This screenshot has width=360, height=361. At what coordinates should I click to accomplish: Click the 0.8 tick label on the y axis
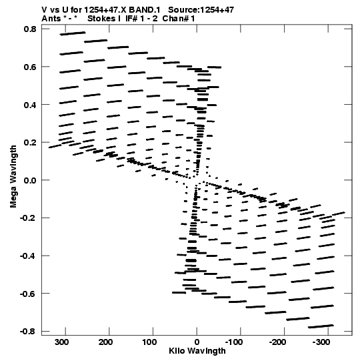coord(30,29)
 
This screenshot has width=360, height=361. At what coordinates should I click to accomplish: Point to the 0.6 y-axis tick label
coord(30,67)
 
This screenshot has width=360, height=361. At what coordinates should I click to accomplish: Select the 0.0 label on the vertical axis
coord(30,180)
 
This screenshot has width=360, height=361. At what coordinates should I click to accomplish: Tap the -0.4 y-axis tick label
coord(28,256)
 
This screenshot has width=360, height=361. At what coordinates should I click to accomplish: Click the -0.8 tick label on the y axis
coord(28,331)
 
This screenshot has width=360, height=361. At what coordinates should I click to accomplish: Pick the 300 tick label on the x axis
coord(61,342)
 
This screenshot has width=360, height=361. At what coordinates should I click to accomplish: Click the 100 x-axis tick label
coord(149,342)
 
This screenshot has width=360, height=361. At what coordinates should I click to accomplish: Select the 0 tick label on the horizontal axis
coord(197,342)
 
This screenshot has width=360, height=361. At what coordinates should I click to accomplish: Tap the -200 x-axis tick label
coord(277,342)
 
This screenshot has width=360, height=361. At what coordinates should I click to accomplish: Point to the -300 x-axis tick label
coord(321,342)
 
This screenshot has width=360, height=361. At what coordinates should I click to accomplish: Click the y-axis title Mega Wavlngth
coord(13,176)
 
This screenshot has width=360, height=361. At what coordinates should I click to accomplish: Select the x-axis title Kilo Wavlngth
coord(197,351)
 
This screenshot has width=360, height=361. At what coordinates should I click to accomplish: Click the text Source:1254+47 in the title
coord(201,10)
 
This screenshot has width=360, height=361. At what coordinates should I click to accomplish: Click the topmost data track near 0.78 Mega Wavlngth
coord(73,33)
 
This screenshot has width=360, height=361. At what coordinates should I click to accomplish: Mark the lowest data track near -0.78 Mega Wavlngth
coord(321,326)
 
